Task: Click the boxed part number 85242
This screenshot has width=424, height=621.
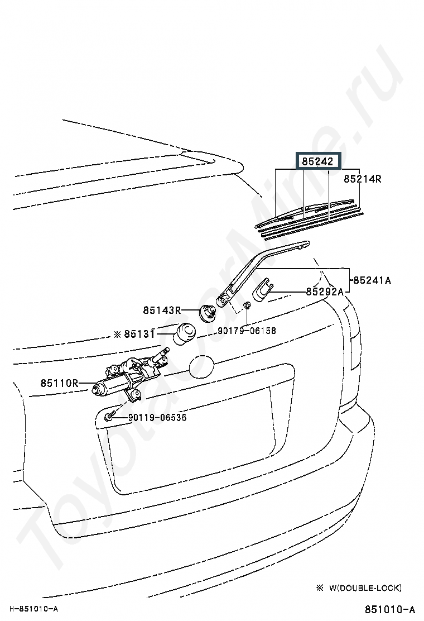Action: pos(318,161)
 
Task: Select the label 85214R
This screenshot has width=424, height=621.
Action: pos(362,179)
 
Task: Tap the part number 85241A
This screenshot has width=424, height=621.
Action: pos(372,280)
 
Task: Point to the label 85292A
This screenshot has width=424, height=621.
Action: pos(324,292)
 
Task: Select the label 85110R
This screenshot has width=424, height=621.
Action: pos(59,383)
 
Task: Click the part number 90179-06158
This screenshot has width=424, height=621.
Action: pos(247,331)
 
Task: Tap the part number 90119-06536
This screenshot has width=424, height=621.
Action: pos(157,417)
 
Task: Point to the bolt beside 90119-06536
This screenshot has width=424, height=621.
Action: pos(109,416)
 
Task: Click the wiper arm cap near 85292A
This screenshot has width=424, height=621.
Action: pos(262,292)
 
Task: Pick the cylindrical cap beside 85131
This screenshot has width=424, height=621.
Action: pos(185,334)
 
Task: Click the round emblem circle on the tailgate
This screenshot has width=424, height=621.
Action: pos(202,367)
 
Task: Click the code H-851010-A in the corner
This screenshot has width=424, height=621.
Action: pos(33,608)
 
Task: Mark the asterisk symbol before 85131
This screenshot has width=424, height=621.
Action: pos(117,334)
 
